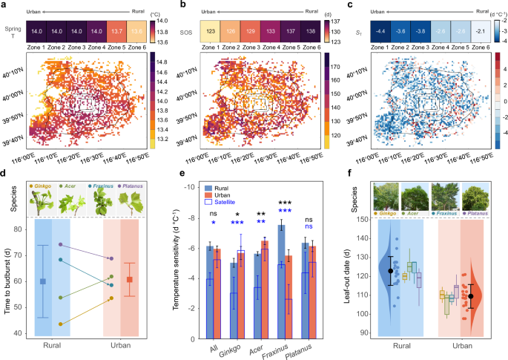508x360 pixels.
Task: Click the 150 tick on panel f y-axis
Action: [x=358, y=219]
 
